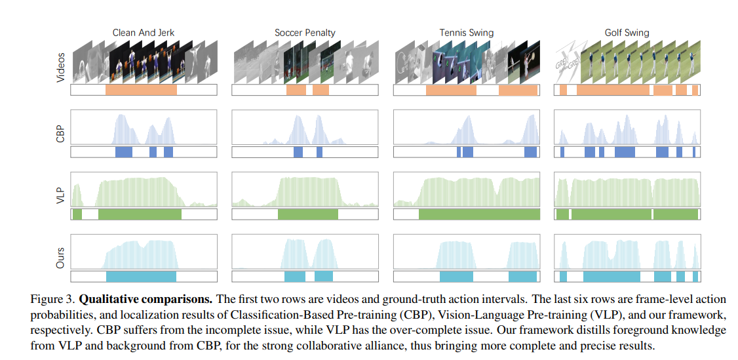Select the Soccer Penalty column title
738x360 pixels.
pyautogui.click(x=304, y=32)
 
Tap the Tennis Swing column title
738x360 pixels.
pyautogui.click(x=466, y=32)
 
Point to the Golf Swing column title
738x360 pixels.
pyautogui.click(x=627, y=32)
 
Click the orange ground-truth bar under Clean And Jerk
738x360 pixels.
pyautogui.click(x=141, y=90)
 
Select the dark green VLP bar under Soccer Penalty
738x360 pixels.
pyautogui.click(x=307, y=214)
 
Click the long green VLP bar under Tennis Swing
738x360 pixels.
pyautogui.click(x=479, y=214)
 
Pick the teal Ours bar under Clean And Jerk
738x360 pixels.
pyautogui.click(x=141, y=276)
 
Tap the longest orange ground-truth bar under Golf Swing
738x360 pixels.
pyautogui.click(x=613, y=90)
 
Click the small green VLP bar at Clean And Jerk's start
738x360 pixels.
pyautogui.click(x=77, y=214)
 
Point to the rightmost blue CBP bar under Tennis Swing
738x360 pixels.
pyautogui.click(x=530, y=151)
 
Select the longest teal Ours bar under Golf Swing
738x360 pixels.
pyautogui.click(x=612, y=276)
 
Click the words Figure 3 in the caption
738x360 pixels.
pyautogui.click(x=51, y=299)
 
